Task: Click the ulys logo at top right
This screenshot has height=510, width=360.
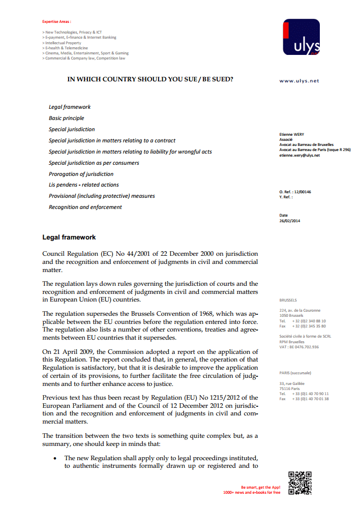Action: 301,37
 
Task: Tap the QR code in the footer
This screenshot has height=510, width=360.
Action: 299,483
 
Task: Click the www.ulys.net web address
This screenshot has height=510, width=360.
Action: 299,81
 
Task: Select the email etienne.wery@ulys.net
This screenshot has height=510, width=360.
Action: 299,155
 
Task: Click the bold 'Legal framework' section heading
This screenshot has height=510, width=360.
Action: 69,237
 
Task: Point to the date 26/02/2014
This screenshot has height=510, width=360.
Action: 289,221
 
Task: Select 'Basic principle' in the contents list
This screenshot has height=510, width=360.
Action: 67,118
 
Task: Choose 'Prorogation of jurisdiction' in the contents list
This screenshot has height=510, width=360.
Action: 81,174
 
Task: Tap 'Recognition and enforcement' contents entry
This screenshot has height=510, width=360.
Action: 85,207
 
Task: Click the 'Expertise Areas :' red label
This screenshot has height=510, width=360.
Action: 56,22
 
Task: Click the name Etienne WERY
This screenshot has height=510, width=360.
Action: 292,134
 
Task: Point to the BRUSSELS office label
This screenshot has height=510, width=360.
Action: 288,300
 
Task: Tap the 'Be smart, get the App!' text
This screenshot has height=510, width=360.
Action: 260,487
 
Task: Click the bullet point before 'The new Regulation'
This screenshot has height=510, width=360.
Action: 55,458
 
